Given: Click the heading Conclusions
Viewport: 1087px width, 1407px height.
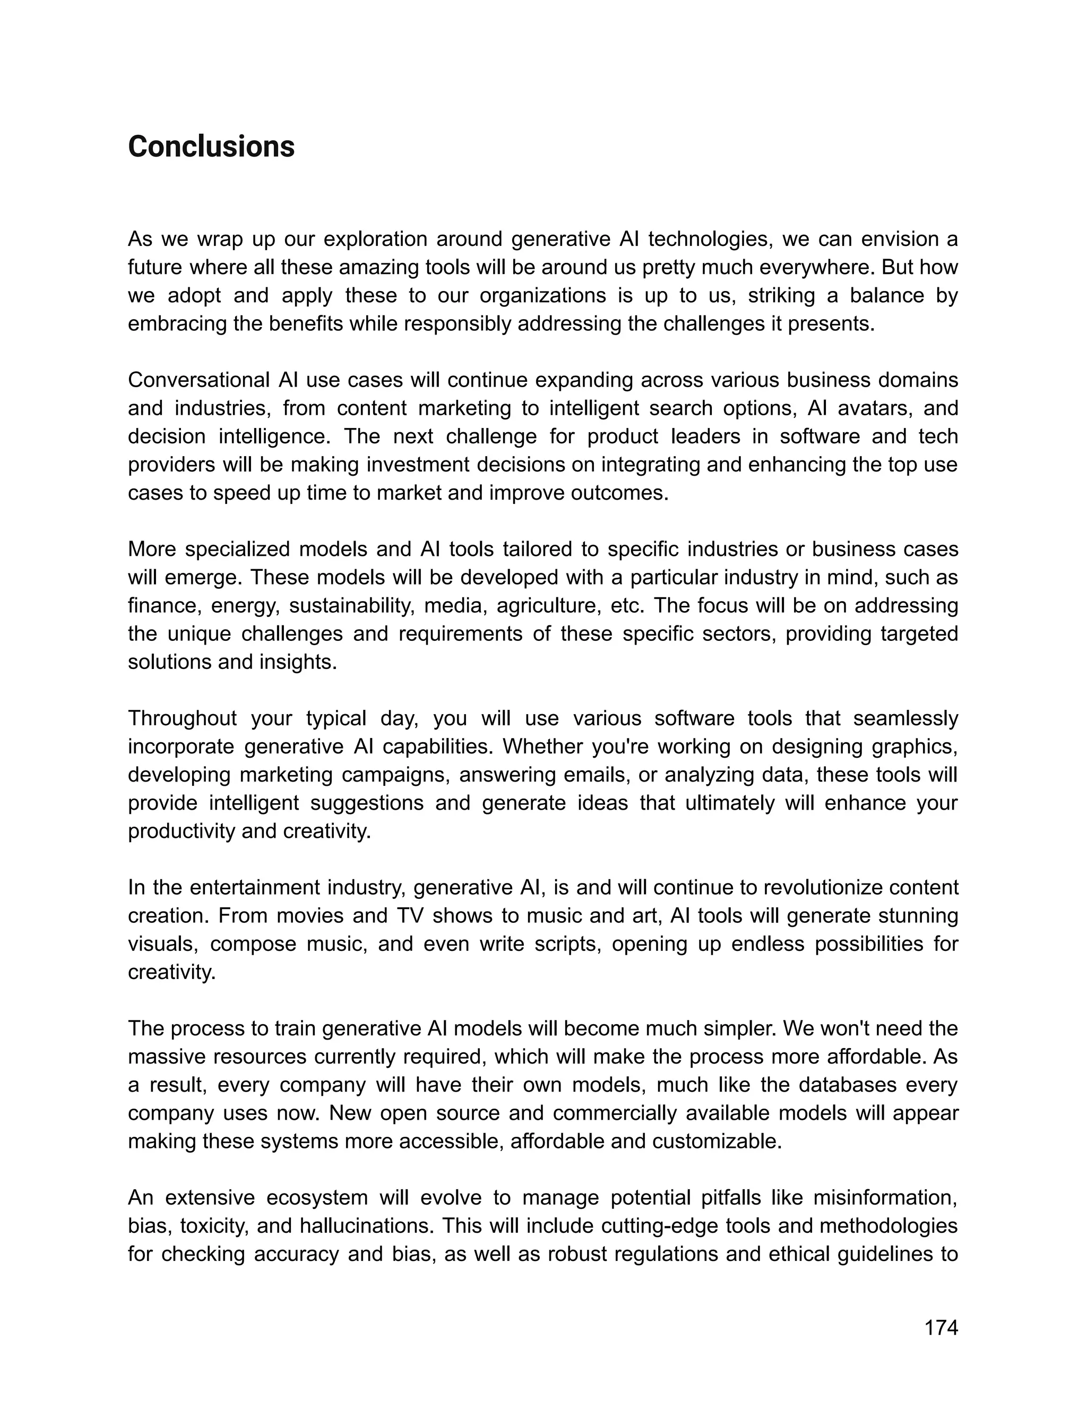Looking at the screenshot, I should (211, 147).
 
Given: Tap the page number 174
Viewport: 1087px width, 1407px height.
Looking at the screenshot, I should (941, 1328).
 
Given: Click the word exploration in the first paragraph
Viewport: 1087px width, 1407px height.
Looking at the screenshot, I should (374, 239).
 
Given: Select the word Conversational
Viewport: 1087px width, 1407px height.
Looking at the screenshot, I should (199, 380).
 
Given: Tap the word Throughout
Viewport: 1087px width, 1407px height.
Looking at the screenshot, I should (182, 718).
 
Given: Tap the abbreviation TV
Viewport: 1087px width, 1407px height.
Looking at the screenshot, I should (410, 915).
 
